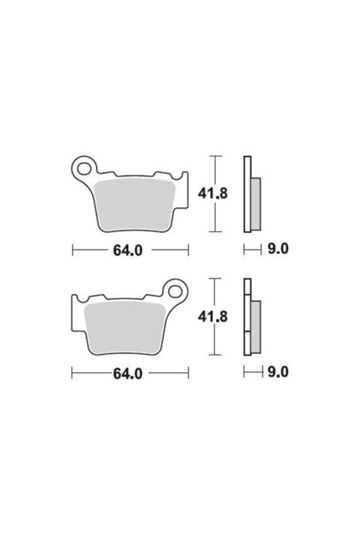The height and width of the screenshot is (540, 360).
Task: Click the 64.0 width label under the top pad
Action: (127, 250)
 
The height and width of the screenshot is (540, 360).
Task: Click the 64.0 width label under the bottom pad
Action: (127, 373)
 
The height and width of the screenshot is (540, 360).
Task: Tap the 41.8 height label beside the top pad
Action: (212, 193)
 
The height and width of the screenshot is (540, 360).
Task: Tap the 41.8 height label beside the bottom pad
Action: (212, 316)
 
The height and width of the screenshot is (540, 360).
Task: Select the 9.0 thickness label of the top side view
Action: (277, 249)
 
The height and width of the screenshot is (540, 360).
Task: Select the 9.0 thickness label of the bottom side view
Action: (277, 372)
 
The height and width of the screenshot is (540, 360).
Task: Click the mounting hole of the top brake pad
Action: (84, 169)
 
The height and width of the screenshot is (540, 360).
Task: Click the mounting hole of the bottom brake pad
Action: (175, 292)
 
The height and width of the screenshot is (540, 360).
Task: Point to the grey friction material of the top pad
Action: (135, 204)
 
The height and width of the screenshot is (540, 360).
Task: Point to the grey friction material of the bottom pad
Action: (124, 327)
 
